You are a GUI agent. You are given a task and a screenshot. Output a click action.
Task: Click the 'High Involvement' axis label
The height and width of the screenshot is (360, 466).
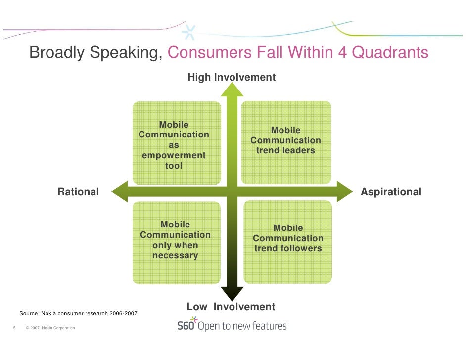(231, 77)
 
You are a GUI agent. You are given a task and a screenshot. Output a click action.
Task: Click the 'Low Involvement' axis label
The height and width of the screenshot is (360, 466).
(231, 307)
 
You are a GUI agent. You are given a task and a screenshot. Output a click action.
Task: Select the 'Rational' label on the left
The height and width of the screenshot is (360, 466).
(78, 192)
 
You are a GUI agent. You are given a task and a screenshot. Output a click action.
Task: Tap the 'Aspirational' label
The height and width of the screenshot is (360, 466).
(391, 192)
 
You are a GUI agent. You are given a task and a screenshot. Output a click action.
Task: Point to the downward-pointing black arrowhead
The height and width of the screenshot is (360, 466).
(232, 293)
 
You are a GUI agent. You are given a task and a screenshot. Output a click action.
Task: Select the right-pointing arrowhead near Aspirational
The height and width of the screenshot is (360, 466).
(343, 191)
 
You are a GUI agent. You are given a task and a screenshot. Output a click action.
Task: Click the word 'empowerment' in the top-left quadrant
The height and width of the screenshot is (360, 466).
(174, 156)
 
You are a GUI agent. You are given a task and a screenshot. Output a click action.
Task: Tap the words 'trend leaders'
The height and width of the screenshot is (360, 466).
(285, 150)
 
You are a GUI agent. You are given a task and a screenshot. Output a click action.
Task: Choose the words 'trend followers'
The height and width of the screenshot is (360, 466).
(288, 248)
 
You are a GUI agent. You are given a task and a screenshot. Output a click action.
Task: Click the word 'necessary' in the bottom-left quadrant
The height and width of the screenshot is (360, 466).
(175, 256)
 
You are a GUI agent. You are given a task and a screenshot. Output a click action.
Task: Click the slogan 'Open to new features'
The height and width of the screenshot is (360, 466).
(242, 326)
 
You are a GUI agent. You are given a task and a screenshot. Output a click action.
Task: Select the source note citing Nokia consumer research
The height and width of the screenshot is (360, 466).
(78, 314)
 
